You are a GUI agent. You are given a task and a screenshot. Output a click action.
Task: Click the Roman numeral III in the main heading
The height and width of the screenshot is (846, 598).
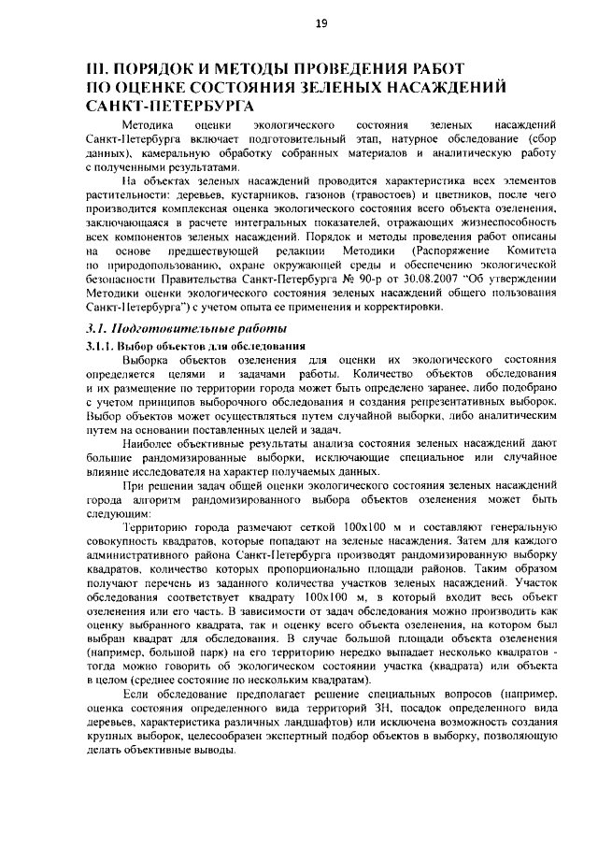96,70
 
